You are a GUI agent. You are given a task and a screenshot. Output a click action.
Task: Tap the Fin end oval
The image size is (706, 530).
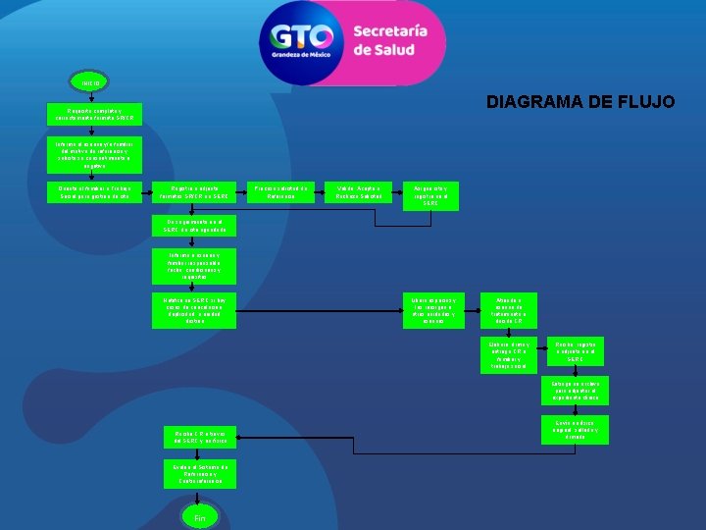click(199, 516)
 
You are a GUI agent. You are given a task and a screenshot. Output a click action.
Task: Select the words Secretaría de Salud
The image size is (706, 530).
click(390, 40)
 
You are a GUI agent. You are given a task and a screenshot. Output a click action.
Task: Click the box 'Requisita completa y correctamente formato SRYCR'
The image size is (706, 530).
click(96, 114)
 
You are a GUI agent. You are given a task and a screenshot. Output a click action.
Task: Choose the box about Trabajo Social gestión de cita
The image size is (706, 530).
click(96, 192)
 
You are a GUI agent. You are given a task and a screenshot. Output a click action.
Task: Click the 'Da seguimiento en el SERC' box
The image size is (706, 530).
click(194, 227)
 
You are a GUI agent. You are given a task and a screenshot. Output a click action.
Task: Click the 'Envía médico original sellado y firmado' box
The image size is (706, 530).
click(575, 429)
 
